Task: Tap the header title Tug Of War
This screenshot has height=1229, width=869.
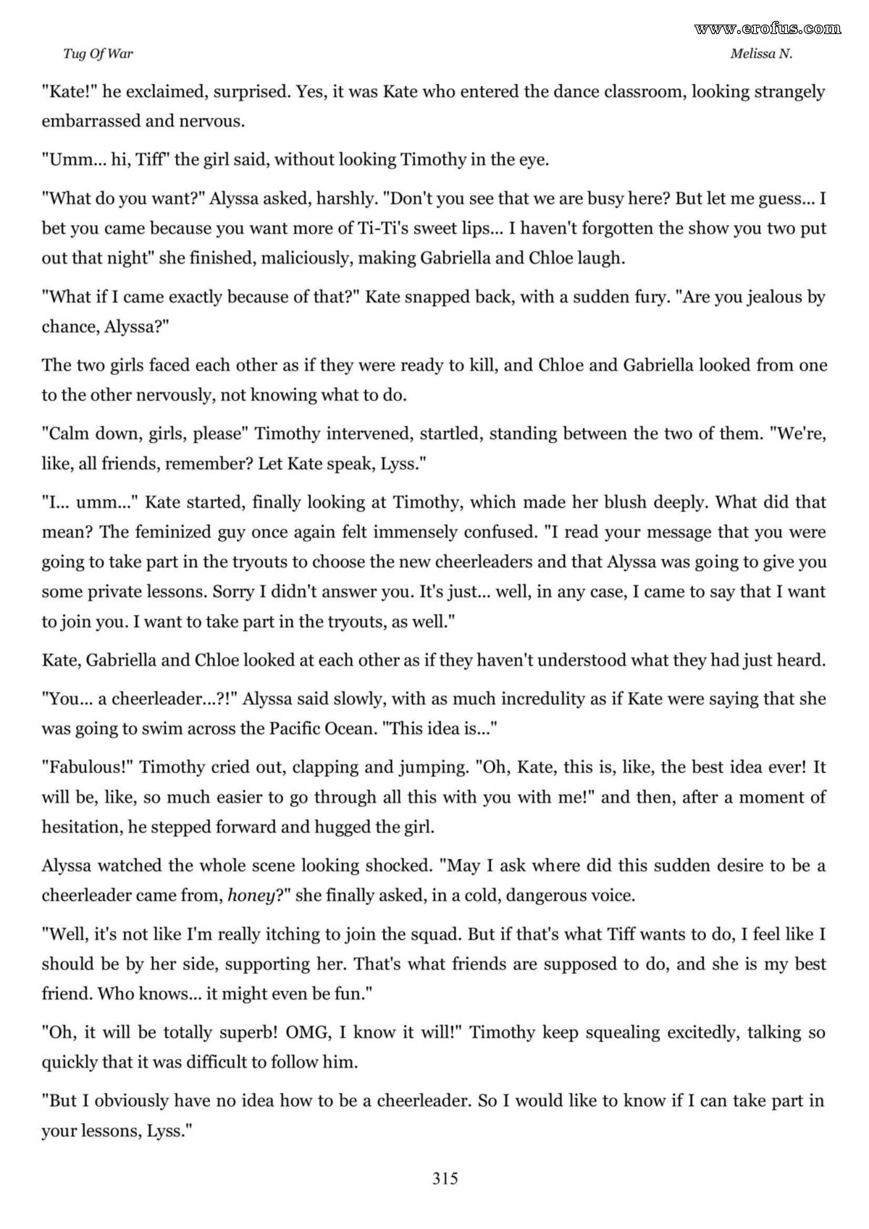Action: tap(98, 54)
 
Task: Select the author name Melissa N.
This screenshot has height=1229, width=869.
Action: tap(761, 54)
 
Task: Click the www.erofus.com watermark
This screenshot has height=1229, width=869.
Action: tap(768, 28)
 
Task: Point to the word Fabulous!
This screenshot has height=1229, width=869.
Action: tap(87, 767)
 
